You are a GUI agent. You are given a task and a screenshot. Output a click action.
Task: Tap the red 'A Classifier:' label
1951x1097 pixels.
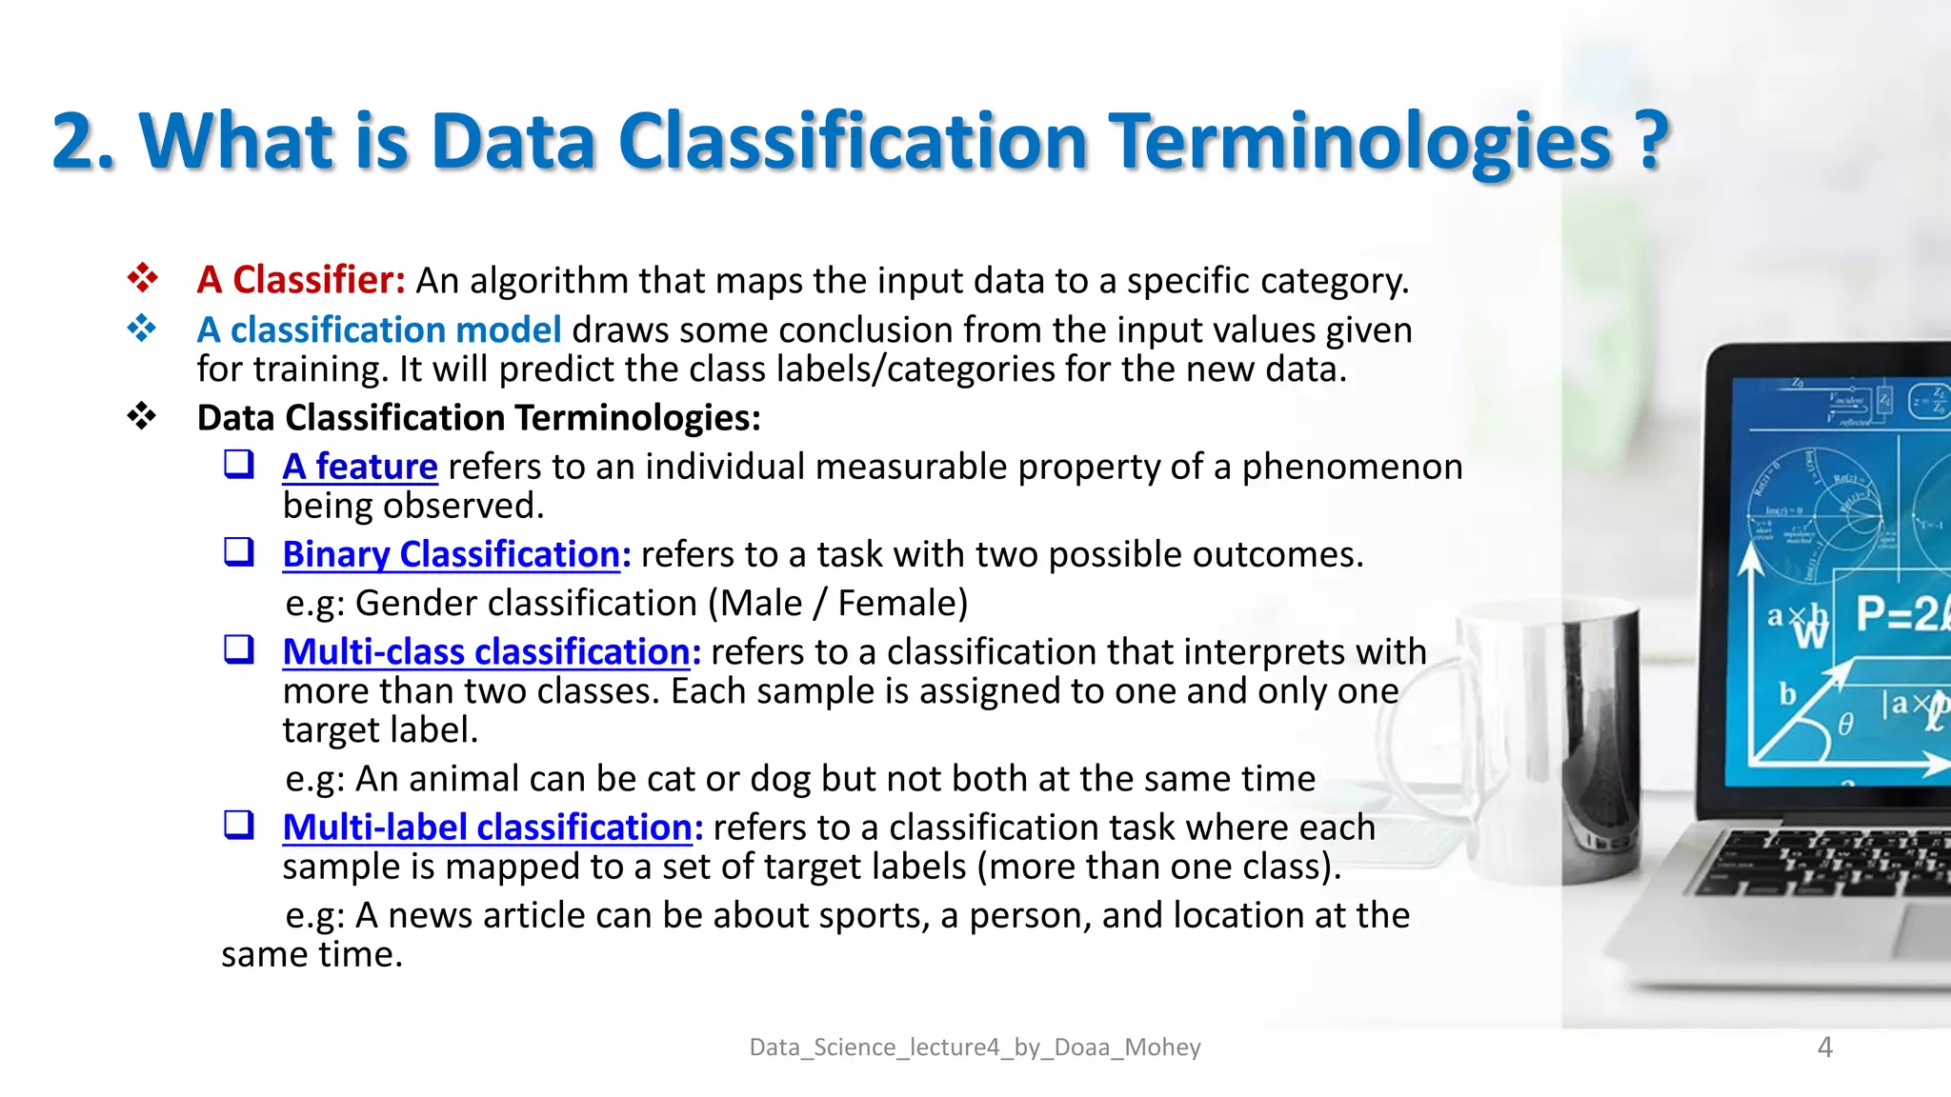coord(301,280)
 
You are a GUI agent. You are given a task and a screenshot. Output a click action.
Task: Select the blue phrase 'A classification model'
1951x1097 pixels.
coord(379,329)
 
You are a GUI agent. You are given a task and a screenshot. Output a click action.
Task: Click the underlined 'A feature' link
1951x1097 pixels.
coord(360,467)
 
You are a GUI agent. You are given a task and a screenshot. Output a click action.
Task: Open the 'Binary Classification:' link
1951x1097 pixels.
coord(456,554)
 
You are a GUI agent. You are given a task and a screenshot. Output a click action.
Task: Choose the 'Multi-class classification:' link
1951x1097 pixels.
coord(492,651)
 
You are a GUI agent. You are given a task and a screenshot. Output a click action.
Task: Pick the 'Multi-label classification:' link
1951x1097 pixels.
coord(493,828)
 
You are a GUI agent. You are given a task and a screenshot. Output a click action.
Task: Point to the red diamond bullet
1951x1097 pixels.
coord(142,278)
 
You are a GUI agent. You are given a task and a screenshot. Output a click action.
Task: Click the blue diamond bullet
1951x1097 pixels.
coord(142,329)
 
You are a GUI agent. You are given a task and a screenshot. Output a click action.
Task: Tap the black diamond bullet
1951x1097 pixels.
coord(142,416)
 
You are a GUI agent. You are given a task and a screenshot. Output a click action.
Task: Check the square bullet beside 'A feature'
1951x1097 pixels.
coord(239,465)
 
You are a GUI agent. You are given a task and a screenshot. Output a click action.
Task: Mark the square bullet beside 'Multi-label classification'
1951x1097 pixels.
coord(239,825)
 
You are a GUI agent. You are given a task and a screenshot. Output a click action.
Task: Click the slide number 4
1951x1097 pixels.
coord(1824,1047)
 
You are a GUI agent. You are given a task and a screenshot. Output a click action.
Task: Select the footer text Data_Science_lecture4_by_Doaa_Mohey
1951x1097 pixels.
coord(975,1047)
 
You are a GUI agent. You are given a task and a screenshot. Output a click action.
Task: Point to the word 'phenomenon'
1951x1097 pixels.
coord(1352,467)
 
